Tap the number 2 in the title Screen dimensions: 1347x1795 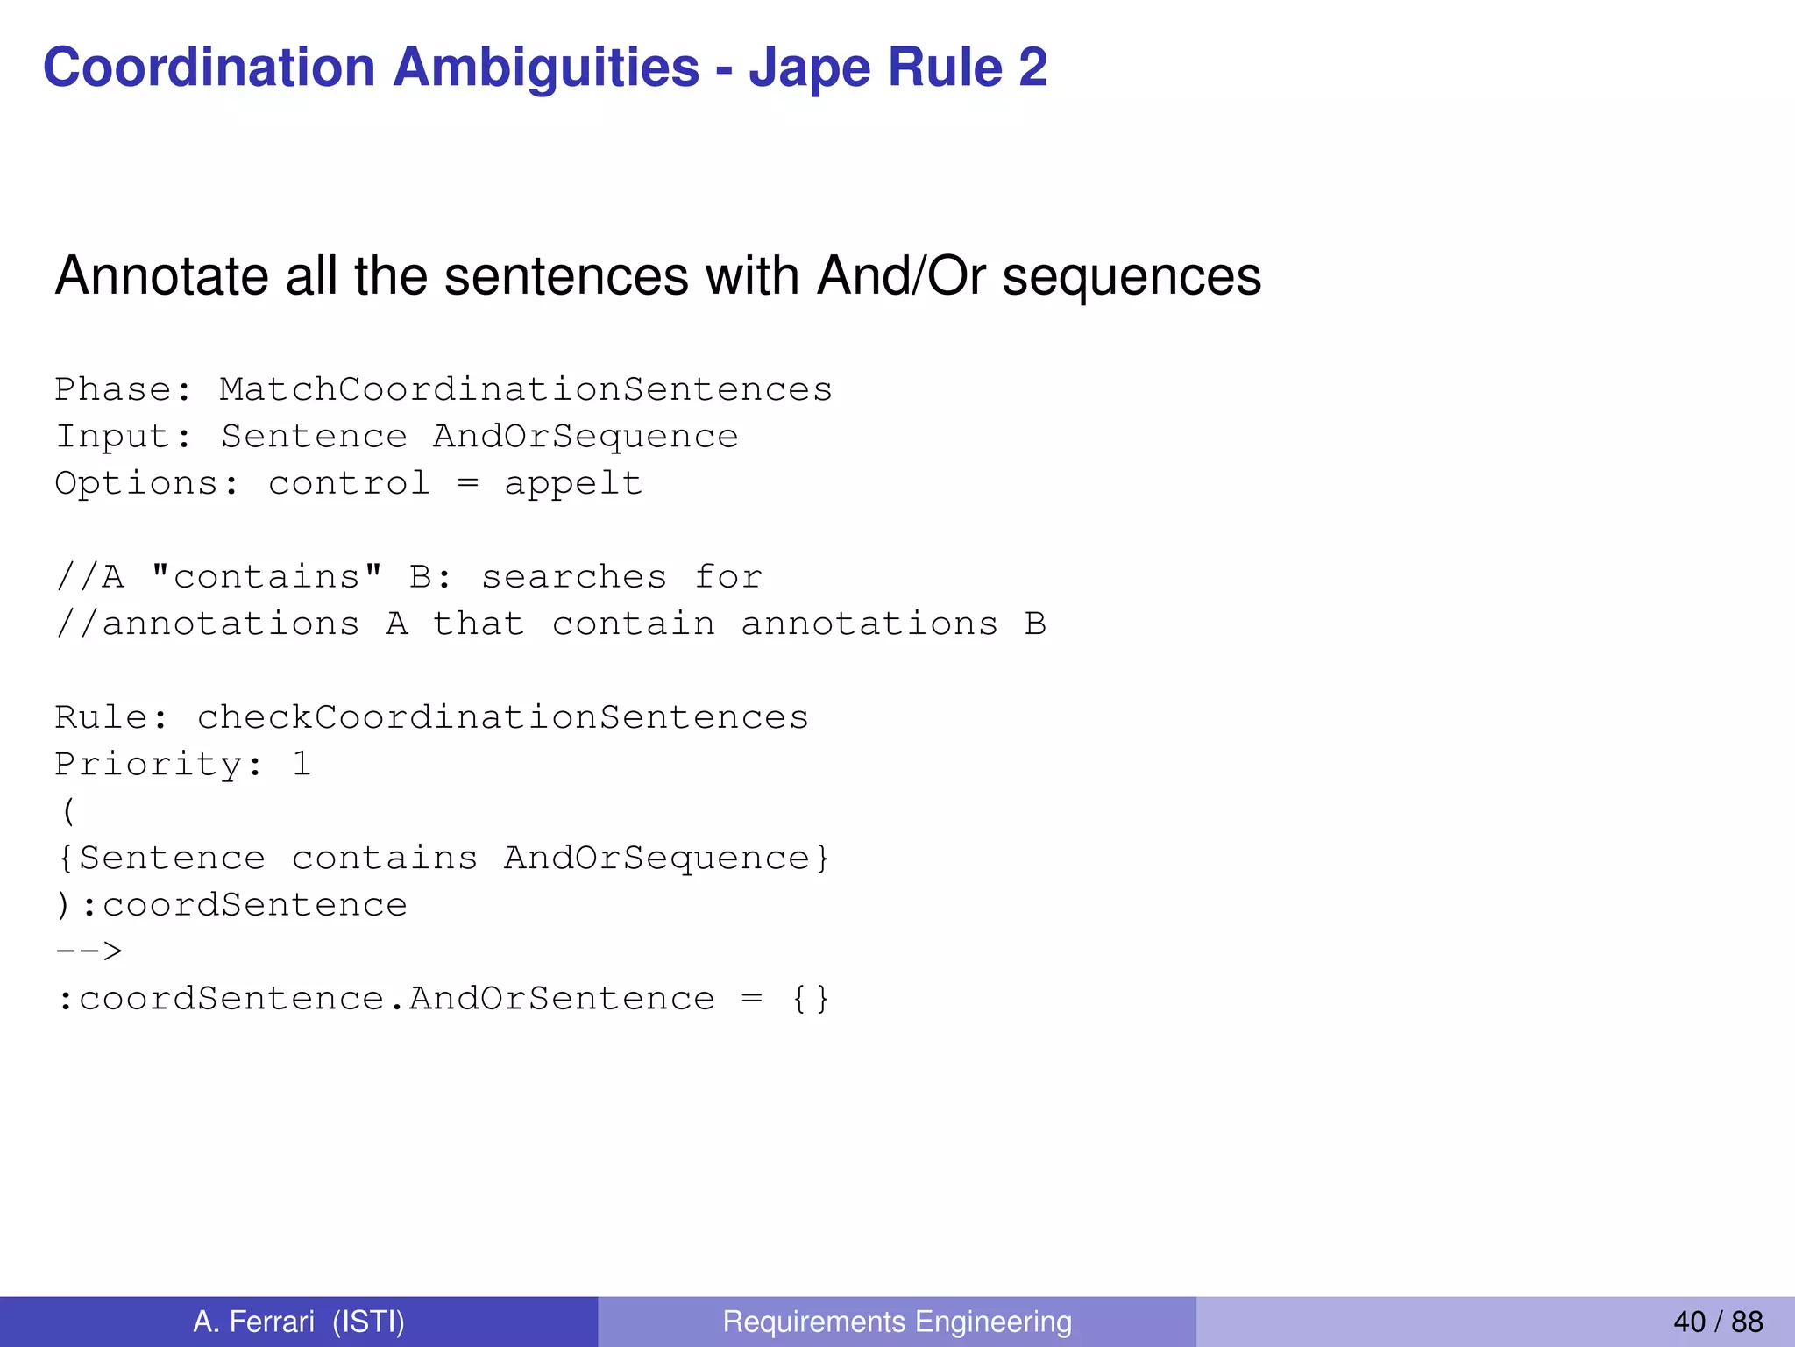tap(1032, 68)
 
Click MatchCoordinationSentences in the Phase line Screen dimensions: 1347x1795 tap(525, 389)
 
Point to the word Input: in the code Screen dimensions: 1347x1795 tap(124, 437)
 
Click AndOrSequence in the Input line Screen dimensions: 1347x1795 tap(585, 437)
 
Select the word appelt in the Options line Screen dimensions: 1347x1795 tap(573, 484)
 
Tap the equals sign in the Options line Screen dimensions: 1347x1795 tap(467, 484)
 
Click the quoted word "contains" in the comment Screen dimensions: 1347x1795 tap(266, 577)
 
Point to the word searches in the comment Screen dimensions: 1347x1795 tap(573, 577)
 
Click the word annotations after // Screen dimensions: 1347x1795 tap(230, 624)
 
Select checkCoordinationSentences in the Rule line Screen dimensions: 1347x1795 tap(502, 717)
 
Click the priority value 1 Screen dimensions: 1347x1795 tap(302, 765)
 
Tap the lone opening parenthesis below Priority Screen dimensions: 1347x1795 tap(68, 811)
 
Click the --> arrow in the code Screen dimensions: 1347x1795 tap(89, 951)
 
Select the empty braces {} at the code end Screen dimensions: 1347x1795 tap(810, 999)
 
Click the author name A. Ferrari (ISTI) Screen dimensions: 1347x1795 tap(299, 1322)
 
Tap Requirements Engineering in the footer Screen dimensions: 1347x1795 tap(897, 1322)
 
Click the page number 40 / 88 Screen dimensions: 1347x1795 tap(1717, 1322)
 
